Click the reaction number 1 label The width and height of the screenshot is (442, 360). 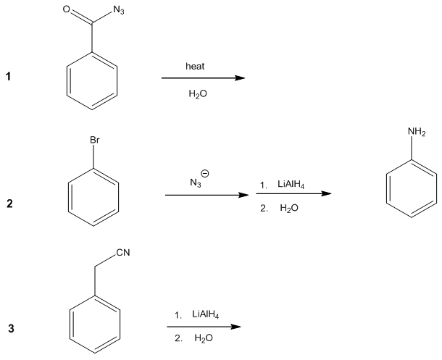point(10,80)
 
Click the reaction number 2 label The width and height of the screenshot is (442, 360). point(10,204)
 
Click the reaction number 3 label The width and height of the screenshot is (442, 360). point(10,329)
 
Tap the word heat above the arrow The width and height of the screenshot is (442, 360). point(195,66)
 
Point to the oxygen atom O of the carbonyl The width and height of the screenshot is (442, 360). point(66,10)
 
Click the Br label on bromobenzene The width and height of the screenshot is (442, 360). point(93,139)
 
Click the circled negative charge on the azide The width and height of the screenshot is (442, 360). point(205,173)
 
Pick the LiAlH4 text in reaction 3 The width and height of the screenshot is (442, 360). point(207,314)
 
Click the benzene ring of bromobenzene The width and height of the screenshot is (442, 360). point(93,196)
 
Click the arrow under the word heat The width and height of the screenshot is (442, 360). point(199,80)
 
